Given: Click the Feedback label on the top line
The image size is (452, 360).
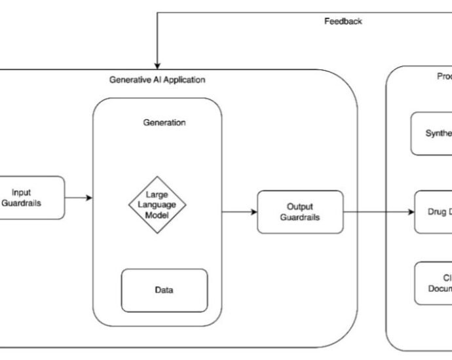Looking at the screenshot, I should (x=343, y=21).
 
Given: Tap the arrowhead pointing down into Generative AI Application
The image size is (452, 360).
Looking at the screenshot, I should (x=157, y=63).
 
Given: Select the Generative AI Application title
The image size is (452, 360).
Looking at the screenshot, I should (x=157, y=80).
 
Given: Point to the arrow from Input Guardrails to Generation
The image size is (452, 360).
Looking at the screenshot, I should (x=79, y=198).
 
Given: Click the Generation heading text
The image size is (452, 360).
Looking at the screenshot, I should (x=164, y=122).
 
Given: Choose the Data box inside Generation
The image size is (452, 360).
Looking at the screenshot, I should (x=164, y=290).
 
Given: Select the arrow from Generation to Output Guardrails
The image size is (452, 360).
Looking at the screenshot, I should (x=239, y=211).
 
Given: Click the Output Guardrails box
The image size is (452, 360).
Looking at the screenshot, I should (x=300, y=211).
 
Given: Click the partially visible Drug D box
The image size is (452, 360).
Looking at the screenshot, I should (x=433, y=211).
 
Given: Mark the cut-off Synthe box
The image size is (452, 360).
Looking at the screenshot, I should (x=432, y=134).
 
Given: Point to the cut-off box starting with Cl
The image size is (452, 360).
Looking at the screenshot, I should (x=433, y=283).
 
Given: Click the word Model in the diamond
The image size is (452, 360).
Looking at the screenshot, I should (x=157, y=214).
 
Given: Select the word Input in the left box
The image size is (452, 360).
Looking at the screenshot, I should (x=22, y=192).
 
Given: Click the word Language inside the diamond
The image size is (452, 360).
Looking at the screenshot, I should (x=157, y=204).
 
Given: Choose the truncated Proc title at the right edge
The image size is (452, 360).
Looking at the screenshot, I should (x=444, y=77).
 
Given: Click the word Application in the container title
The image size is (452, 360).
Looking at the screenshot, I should (x=183, y=80).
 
